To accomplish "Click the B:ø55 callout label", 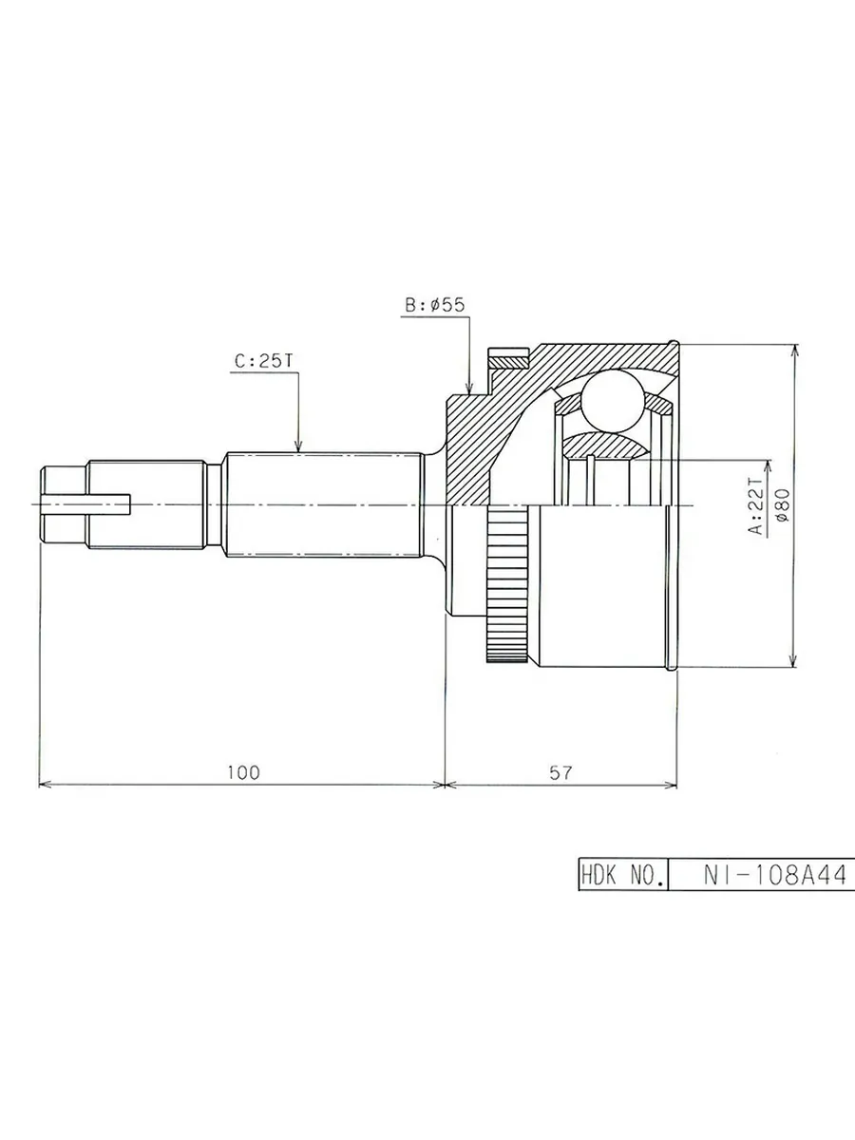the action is (x=435, y=305).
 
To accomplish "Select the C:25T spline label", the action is (x=264, y=362).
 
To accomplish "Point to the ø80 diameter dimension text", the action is (x=782, y=504).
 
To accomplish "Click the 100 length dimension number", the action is (x=243, y=772).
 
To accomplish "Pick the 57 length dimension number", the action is (x=560, y=772).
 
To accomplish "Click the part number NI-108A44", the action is (x=775, y=876).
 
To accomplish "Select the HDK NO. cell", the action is (x=623, y=876).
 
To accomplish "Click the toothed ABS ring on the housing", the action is (x=507, y=585).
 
